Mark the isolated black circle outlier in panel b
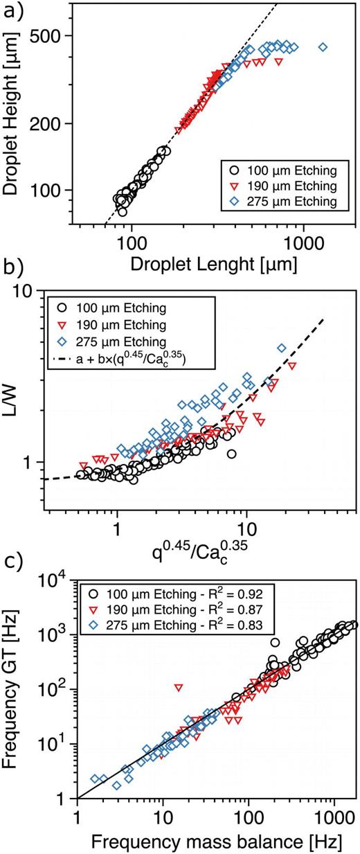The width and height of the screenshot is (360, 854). pos(232,454)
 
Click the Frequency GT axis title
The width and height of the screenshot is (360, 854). pos(15,686)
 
